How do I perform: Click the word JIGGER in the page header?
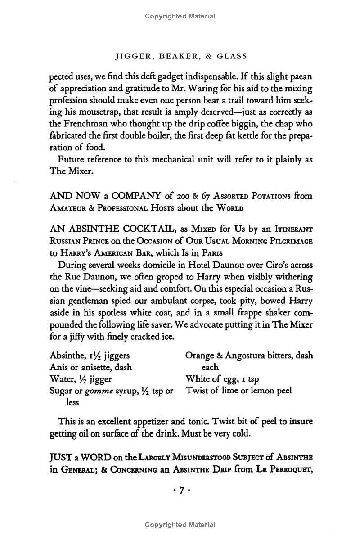[131, 56]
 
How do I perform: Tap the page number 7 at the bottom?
[180, 491]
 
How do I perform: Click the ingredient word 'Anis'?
[58, 367]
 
